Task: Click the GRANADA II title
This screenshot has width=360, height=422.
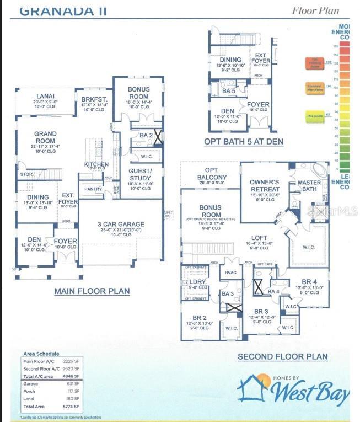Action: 63,10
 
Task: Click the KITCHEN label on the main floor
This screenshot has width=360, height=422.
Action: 96,164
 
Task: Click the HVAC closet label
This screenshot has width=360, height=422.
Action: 229,272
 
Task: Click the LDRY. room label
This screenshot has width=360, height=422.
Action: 197,281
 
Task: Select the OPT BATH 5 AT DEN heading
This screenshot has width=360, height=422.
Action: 244,142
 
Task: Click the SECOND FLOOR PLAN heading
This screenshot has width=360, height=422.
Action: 282,357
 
